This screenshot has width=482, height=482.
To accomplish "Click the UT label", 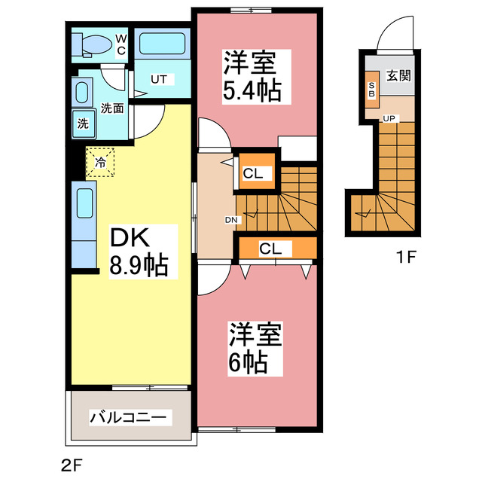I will [159, 79].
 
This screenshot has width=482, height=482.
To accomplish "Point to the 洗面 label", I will [113, 108].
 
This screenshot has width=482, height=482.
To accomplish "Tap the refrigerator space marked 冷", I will [100, 161].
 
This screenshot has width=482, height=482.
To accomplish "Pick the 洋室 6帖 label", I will [254, 348].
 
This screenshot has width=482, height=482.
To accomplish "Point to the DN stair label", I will [231, 220].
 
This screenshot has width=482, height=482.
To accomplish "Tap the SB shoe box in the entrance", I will [372, 90].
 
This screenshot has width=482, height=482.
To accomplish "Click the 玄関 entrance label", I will [398, 75].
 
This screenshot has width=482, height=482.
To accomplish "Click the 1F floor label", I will [407, 257].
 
